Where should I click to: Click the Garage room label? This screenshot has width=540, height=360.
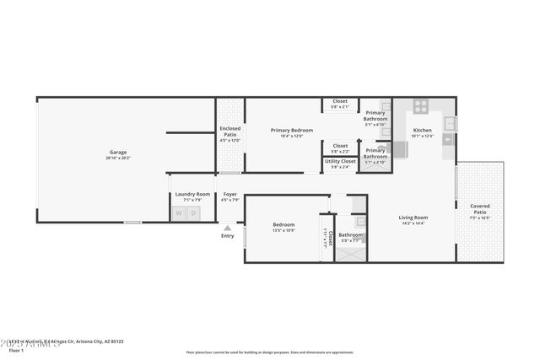pos(117,152)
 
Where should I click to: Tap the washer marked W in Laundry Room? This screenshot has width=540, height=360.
pos(179,213)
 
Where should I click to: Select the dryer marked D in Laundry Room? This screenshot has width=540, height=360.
pos(194,213)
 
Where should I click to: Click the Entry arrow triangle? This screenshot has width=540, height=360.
pos(227,227)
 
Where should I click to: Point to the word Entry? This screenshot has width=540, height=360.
pos(227,236)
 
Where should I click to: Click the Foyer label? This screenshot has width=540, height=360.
pos(229,194)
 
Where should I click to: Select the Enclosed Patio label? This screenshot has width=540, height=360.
pos(230,132)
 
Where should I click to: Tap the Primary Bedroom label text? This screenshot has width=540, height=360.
pos(292,130)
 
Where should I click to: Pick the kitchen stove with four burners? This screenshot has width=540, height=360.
pos(420,106)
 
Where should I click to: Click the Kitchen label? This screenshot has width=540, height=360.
pos(422,130)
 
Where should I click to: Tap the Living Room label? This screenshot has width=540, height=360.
pos(413,218)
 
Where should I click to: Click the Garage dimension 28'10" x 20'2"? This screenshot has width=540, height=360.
pos(117,158)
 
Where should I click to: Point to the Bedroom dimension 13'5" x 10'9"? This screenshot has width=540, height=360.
pos(283,230)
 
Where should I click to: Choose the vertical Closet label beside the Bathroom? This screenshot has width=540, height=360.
pos(331,238)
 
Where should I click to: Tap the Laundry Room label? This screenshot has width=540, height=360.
pos(192,194)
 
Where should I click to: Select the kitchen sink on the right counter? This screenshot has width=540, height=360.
pos(451,123)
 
